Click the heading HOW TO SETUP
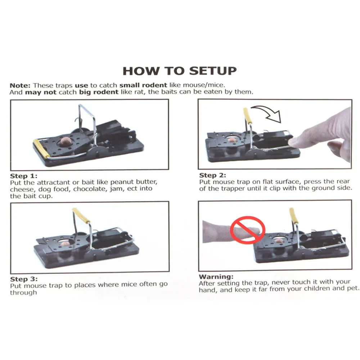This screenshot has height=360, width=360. click(180, 71)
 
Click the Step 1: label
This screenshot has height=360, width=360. click(23, 176)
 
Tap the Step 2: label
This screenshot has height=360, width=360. click(213, 175)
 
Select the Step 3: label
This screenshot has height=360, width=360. click(23, 279)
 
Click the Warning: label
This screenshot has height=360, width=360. click(216, 277)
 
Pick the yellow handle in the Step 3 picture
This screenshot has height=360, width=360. click(81, 216)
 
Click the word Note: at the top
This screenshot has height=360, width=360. click(21, 85)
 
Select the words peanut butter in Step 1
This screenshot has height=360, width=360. click(134, 183)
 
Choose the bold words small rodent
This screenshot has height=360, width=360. click(143, 85)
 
